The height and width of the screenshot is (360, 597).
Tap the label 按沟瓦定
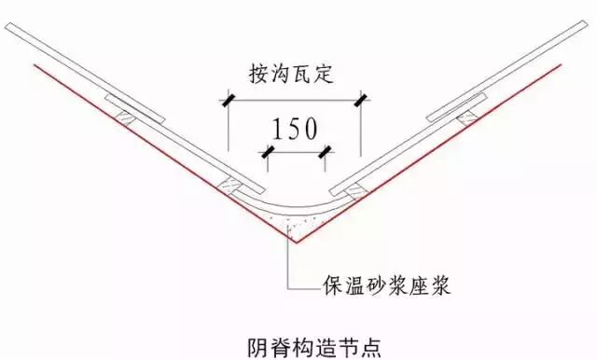(x=293, y=73)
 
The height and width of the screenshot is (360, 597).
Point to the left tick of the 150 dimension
(x=268, y=150)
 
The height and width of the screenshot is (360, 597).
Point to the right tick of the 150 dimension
(x=324, y=150)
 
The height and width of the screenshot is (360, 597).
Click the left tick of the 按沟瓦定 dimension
(x=228, y=97)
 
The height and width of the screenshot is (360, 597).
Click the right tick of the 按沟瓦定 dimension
(x=362, y=97)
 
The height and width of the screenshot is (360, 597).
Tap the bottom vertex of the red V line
(x=295, y=242)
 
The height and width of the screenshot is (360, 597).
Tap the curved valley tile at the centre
(x=295, y=206)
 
